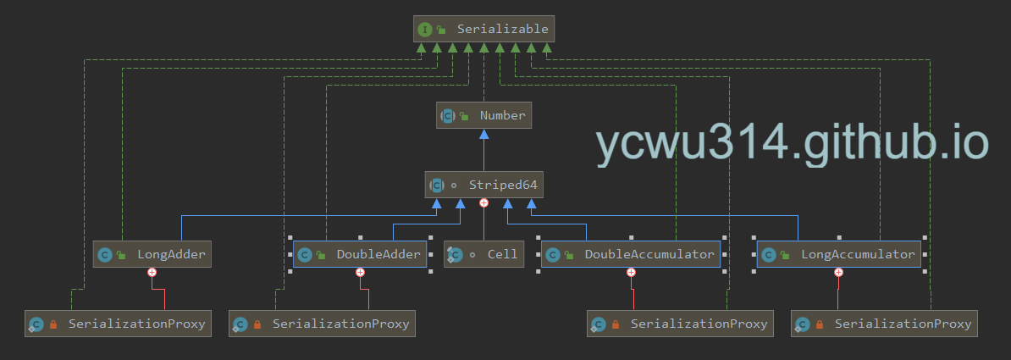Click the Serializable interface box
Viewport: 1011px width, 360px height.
484,30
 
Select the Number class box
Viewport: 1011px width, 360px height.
483,115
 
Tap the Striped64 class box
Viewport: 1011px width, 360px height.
483,185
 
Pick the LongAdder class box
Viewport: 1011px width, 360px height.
152,254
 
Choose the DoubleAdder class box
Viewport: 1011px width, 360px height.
361,254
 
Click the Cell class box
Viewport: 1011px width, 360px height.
483,254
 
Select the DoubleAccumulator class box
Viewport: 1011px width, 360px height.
631,254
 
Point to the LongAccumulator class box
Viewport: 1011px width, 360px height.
838,254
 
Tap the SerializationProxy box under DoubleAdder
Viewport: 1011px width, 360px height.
323,324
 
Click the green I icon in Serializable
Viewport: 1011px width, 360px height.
424,30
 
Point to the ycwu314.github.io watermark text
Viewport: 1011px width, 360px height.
792,142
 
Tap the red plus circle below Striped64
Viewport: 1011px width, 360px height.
483,203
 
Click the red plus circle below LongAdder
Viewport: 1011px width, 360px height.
152,273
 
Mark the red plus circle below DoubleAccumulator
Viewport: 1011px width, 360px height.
631,273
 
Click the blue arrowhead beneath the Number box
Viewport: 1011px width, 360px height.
483,136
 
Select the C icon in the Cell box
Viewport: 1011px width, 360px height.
455,254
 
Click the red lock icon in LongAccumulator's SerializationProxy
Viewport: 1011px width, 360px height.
820,324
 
